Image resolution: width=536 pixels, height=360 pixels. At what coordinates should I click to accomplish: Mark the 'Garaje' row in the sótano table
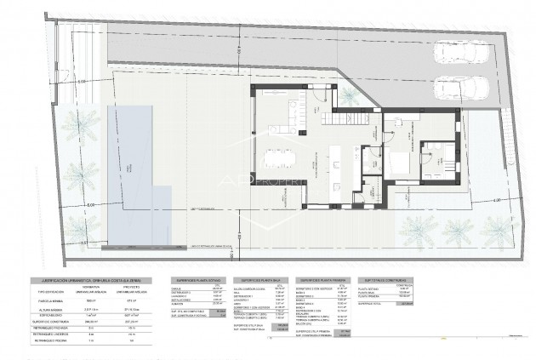pos(180,287)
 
